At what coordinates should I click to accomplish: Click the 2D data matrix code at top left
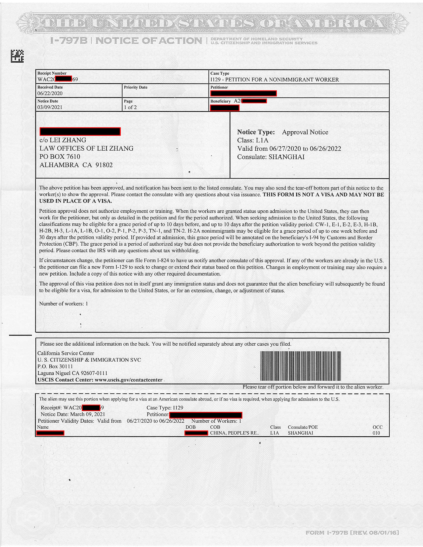coord(17,56)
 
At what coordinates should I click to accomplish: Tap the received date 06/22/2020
coord(50,93)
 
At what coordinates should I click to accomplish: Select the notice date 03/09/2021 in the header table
coord(50,107)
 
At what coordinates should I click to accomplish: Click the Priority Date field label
coord(136,87)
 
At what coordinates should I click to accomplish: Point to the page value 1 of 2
coord(130,107)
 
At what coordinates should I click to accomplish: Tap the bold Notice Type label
coord(256,132)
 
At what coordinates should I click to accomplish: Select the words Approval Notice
coord(305,132)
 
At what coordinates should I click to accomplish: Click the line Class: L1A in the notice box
coord(253,140)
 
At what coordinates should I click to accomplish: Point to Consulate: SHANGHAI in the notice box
coord(271,157)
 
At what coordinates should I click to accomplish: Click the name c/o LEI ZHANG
coord(63,140)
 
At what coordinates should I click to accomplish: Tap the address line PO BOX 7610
coord(60,156)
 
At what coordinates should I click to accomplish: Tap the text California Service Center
coord(66,353)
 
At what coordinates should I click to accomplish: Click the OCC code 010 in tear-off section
coord(376,433)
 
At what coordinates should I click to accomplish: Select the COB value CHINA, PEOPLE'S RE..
coord(234,433)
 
